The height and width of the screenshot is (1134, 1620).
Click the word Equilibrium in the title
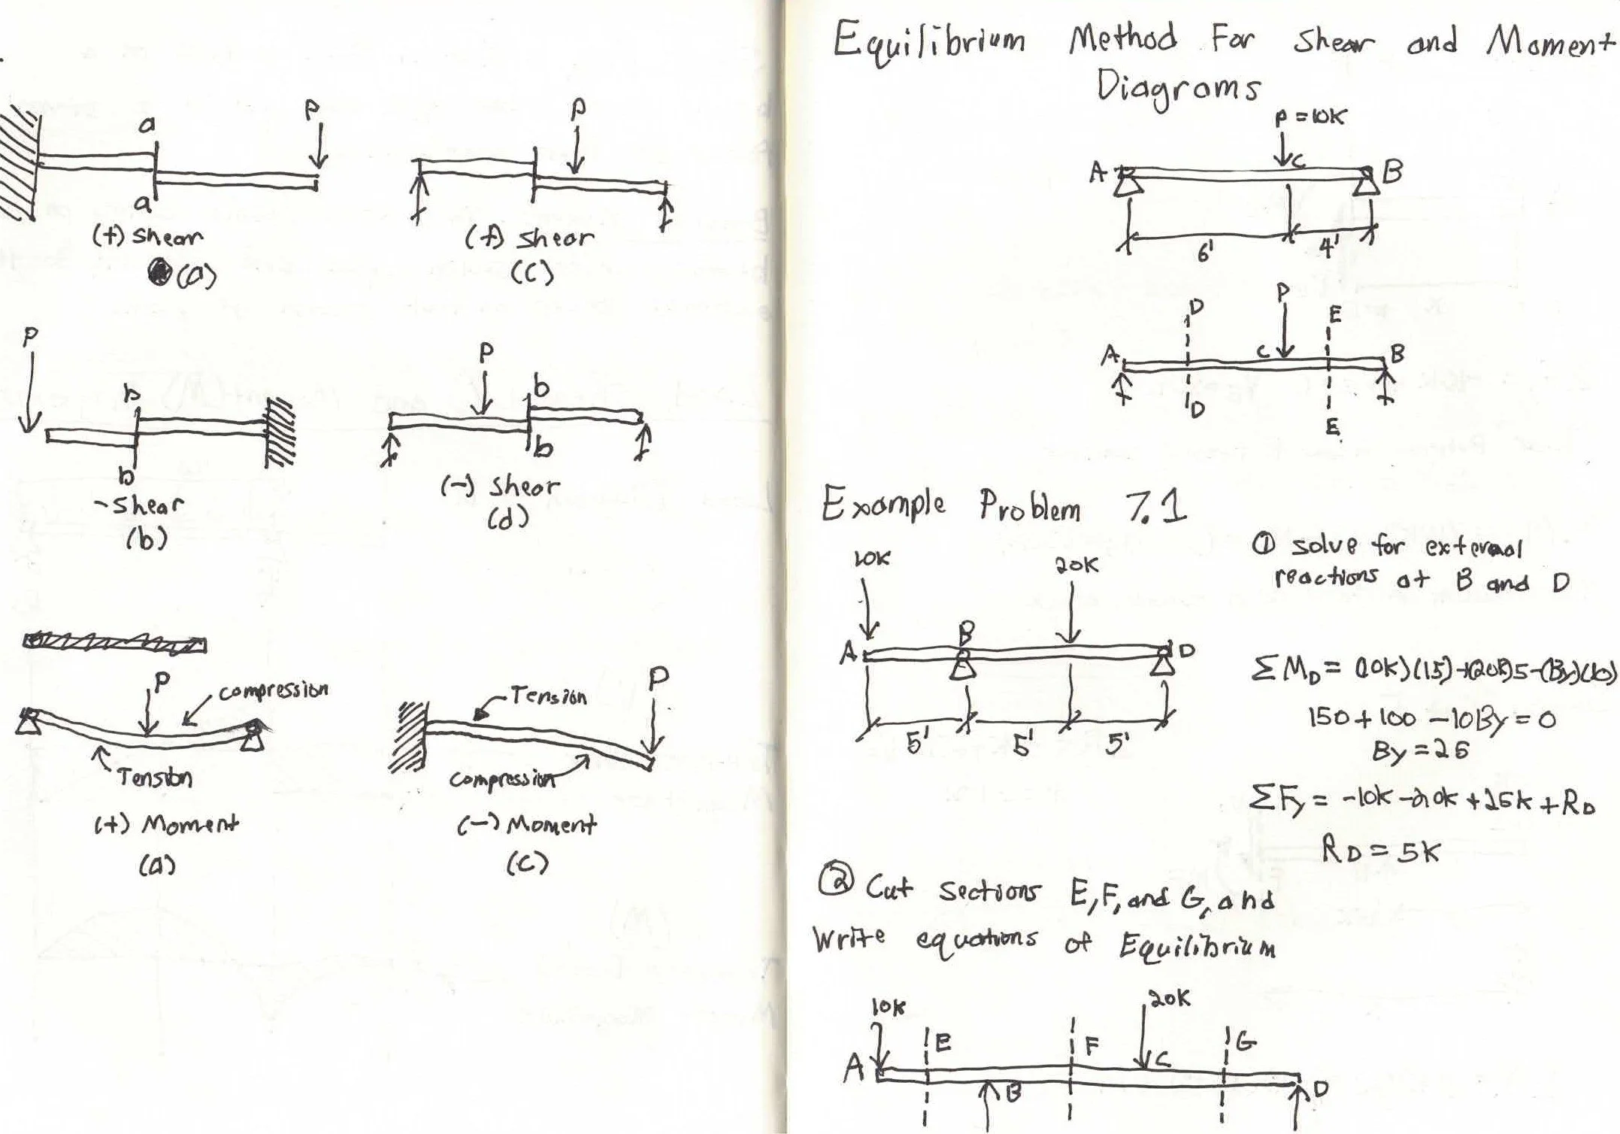coord(928,41)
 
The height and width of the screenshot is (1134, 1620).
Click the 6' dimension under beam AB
coord(1204,254)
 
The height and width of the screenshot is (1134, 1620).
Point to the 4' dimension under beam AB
coord(1328,248)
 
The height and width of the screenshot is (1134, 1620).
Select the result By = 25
coord(1420,750)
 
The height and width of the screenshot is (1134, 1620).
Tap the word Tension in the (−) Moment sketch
coord(548,696)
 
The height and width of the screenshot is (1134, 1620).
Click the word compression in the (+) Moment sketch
coord(274,690)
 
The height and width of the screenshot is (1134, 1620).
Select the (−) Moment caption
coord(527,826)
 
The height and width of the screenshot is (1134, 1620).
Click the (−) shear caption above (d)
coord(500,487)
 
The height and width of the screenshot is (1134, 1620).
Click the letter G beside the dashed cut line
coord(1245,1042)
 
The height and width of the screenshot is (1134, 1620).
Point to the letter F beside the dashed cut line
coord(1092,1045)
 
